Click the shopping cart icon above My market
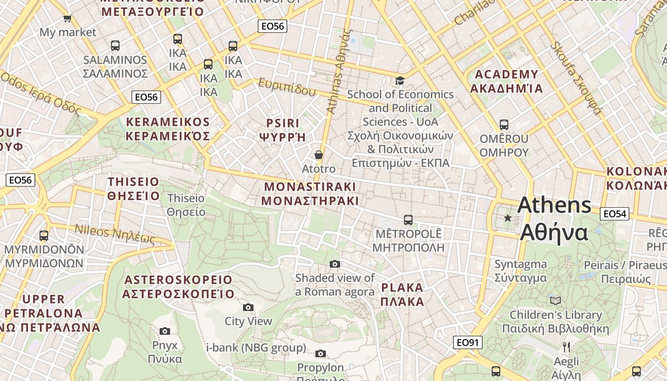coord(67,19)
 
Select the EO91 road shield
coord(467,342)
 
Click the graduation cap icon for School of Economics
coord(400,80)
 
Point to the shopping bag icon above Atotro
coord(318,155)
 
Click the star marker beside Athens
coord(508,218)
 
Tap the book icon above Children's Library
coord(555,301)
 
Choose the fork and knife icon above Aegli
coord(566,347)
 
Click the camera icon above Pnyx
coord(165,331)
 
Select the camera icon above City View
coord(248,307)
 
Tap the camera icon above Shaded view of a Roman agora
coord(335,264)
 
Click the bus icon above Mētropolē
coord(408,220)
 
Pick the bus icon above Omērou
coord(504,125)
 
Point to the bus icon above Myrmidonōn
coord(43,235)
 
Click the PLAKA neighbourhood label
coord(402,294)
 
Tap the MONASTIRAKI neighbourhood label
coord(310,193)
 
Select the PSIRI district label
coord(283,130)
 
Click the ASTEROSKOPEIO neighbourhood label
coord(178,287)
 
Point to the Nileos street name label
coord(115,234)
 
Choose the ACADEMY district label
coord(506,81)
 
